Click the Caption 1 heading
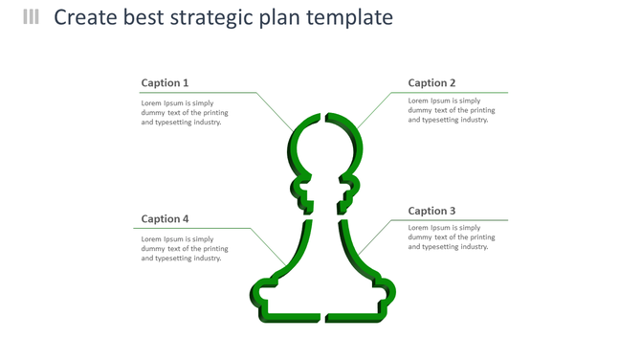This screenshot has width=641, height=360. coord(165,83)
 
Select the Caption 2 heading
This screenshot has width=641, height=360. coord(431,83)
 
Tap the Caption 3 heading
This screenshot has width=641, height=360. coord(431,211)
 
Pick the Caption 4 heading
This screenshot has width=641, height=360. coord(165,219)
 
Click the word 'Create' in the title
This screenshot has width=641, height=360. coord(87,18)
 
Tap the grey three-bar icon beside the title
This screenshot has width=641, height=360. coord(32,17)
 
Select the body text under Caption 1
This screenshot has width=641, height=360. coord(185,113)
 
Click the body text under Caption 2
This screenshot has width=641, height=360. coord(452,110)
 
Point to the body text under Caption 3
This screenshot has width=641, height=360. coord(452,237)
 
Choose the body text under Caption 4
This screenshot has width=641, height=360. coord(185,249)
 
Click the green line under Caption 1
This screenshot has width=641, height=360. coord(201,93)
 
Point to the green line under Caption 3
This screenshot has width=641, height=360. coord(450,220)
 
